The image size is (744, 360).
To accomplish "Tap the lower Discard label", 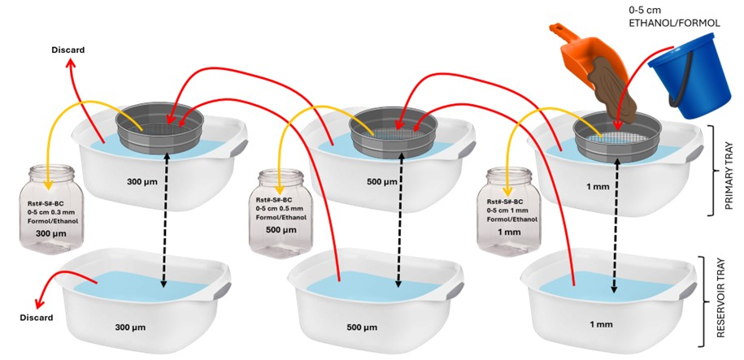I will coord(37,317).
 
